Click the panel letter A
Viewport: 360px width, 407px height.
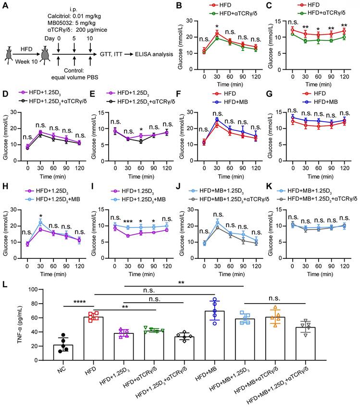pos(5,6)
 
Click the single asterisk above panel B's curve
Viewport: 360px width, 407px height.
pos(217,26)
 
